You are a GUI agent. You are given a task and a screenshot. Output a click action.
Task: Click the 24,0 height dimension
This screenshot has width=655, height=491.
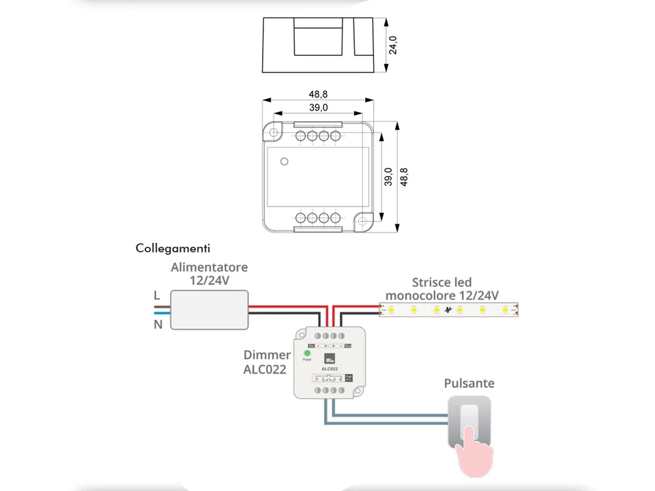pos(393,45)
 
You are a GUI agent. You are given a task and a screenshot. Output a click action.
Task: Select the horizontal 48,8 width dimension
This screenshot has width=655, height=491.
pos(318,94)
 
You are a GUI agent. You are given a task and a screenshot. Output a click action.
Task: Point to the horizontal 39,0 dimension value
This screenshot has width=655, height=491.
pos(318,108)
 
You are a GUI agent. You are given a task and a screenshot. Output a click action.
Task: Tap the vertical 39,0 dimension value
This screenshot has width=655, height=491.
pos(388,177)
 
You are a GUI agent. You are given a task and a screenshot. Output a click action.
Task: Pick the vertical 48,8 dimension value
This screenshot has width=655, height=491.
pos(404,177)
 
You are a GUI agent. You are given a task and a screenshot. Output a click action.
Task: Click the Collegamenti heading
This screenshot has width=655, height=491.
pos(173,248)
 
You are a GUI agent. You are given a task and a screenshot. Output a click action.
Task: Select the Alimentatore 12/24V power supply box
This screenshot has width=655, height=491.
pos(209,310)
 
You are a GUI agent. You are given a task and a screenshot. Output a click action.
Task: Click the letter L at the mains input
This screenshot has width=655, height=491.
pos(156,295)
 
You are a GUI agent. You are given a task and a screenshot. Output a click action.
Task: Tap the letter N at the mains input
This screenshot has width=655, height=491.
pos(158,325)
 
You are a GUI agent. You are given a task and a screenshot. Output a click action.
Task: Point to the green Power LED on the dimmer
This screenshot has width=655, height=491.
pos(307,353)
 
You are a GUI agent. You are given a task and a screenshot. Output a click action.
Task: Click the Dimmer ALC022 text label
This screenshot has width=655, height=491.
pos(266,362)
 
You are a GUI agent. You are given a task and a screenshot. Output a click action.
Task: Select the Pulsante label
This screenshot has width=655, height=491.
pos(469,383)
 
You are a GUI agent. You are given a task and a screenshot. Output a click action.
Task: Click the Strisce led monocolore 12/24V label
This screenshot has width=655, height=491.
pos(441,288)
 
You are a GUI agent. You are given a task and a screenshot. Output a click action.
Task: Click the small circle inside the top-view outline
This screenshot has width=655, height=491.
pos(284,162)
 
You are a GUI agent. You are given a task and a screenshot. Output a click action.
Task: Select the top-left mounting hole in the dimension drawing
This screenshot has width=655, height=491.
pos(274,132)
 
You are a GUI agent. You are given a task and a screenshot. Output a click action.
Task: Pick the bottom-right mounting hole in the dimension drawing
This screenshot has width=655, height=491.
pos(364,222)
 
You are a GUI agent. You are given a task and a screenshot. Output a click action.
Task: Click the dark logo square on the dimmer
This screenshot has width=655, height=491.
pos(330,359)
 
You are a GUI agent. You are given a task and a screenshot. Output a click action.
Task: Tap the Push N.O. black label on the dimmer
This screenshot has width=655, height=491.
pos(349,377)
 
